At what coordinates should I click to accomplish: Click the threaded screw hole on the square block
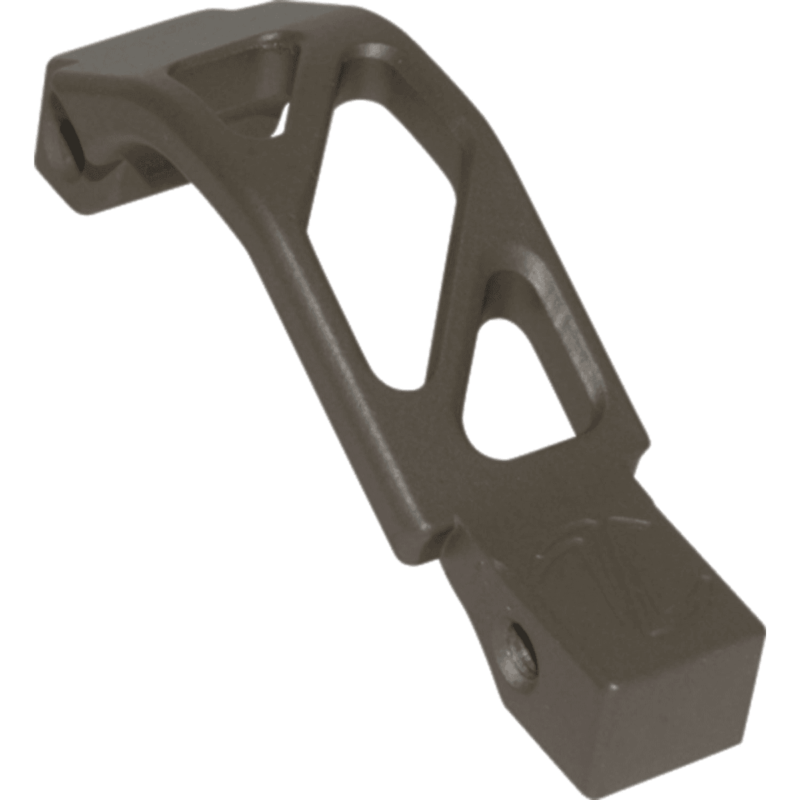(516, 638)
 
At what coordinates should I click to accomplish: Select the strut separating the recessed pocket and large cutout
(313, 93)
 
